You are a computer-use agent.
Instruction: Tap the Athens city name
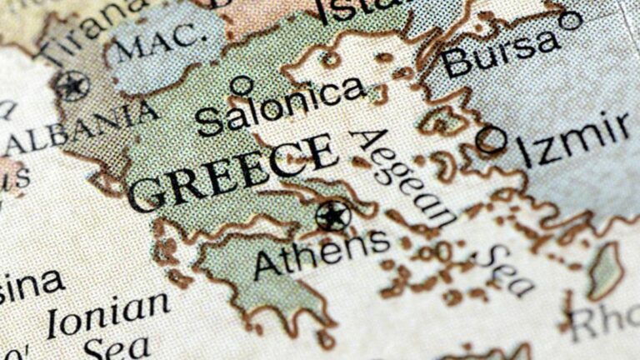pyautogui.click(x=321, y=249)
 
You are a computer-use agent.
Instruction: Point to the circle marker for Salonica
pyautogui.click(x=241, y=84)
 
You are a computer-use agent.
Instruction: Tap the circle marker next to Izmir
pyautogui.click(x=490, y=139)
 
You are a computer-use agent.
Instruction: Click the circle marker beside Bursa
pyautogui.click(x=571, y=20)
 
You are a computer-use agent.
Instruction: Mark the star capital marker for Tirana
pyautogui.click(x=72, y=85)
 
